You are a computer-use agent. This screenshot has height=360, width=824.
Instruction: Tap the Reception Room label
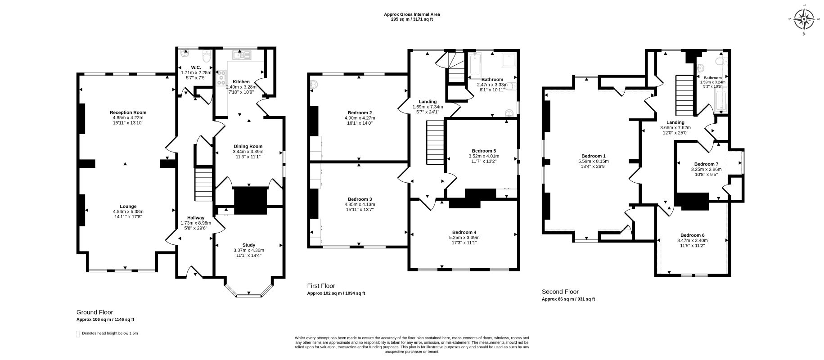[128, 112]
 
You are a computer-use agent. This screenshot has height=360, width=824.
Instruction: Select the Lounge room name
[128, 207]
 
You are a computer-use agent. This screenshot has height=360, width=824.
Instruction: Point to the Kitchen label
[241, 82]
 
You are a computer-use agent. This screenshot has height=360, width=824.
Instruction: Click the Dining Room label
[248, 146]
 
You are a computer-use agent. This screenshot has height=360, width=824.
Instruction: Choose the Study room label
[248, 245]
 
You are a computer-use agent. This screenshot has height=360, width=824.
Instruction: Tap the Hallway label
[196, 218]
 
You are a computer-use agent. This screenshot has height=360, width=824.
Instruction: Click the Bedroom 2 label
[360, 112]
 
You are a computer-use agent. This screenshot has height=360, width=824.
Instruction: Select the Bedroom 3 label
[360, 199]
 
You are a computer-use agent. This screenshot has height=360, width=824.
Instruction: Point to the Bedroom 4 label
[464, 232]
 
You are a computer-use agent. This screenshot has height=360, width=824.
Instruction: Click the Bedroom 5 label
[484, 151]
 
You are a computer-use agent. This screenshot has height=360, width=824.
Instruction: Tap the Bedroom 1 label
[593, 156]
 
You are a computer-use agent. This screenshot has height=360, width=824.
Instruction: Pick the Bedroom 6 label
[692, 235]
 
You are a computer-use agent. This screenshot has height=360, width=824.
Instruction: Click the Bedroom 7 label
[706, 164]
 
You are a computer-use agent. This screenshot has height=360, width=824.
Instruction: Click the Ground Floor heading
[95, 312]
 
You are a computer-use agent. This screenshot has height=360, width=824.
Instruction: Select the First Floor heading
[321, 286]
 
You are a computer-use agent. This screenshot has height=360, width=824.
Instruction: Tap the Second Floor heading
[560, 292]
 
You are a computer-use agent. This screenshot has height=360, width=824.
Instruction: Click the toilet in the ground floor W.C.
[206, 57]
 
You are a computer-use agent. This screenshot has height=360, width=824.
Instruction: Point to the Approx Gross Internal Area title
[412, 14]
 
